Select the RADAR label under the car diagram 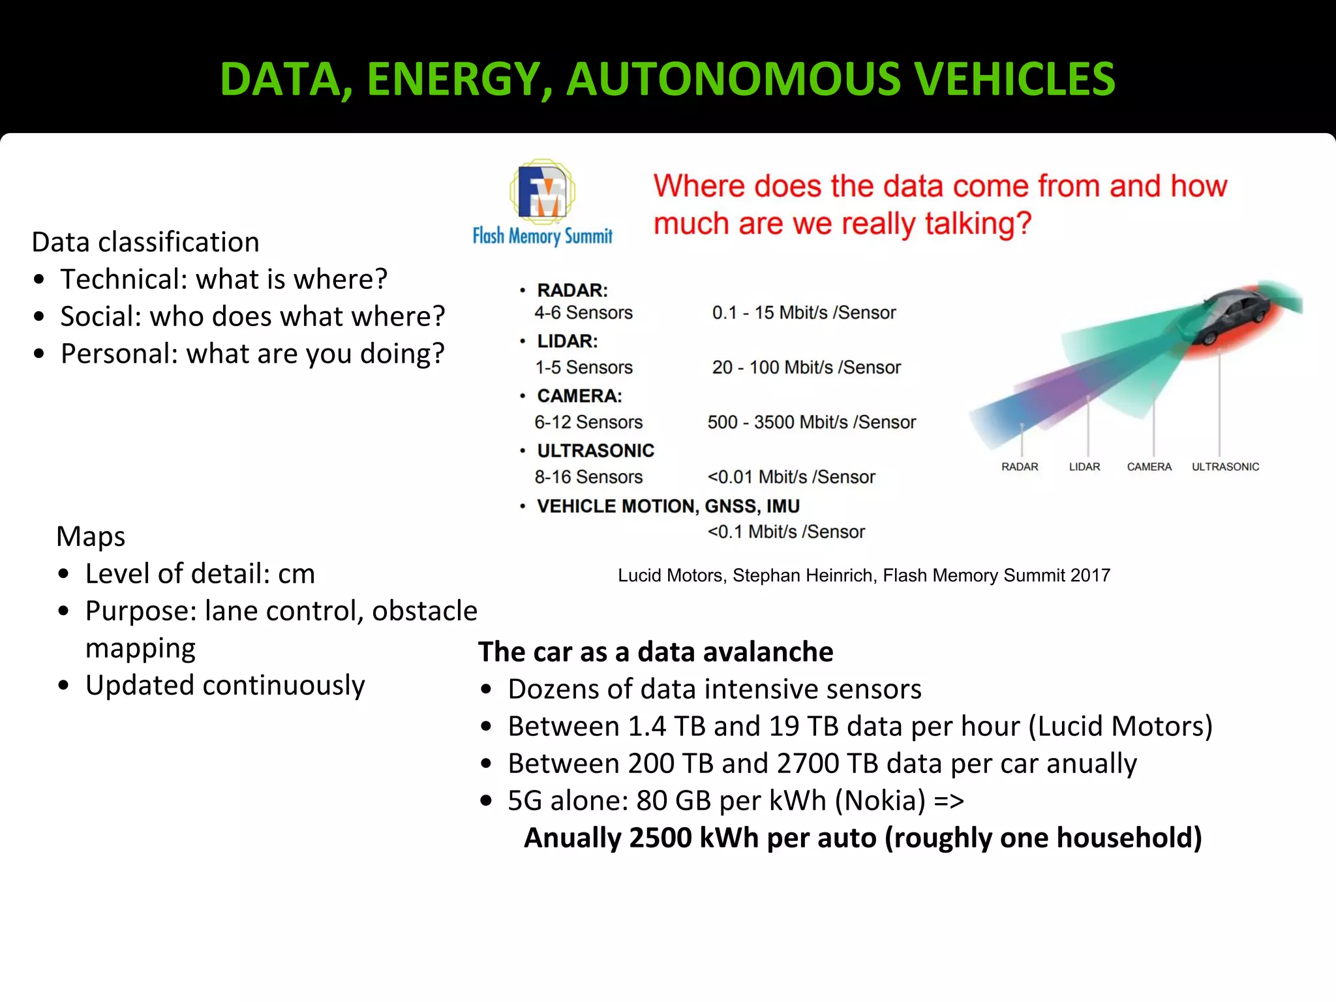[x=1020, y=466]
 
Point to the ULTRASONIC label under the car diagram [x=1225, y=466]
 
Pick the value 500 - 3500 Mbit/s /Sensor [x=812, y=422]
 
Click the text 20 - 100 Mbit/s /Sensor [x=806, y=367]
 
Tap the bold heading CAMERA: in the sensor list [x=579, y=396]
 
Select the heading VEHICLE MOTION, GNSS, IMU [x=668, y=506]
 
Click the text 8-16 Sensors [x=588, y=477]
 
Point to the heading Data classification [x=145, y=242]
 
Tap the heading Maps [x=91, y=536]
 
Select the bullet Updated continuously [x=225, y=685]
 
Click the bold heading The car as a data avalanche [x=656, y=652]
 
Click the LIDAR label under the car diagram [x=1084, y=466]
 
